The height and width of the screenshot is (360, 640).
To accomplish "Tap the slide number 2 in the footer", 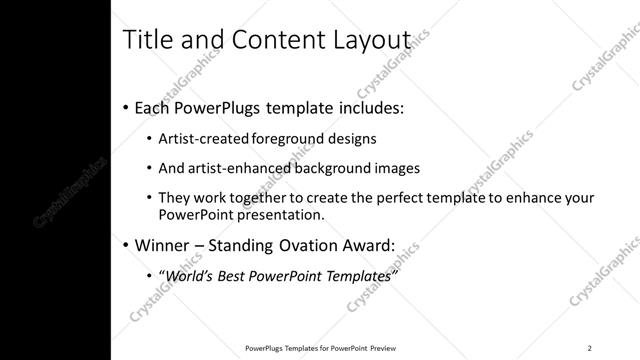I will click(589, 347).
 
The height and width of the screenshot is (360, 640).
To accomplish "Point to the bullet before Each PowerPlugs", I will click(124, 107).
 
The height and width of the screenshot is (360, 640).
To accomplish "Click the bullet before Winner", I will click(124, 244).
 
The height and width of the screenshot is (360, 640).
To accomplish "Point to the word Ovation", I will click(305, 244).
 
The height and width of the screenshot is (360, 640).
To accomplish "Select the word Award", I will click(366, 244).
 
